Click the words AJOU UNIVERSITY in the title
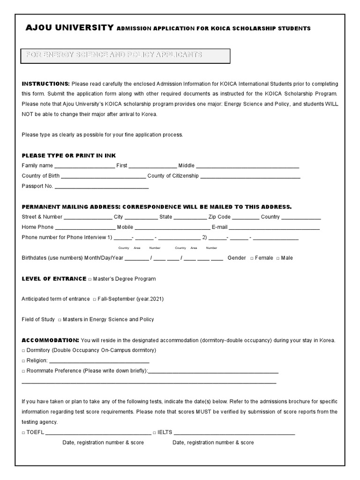point(69,28)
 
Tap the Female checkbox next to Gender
point(252,258)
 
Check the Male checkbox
point(278,258)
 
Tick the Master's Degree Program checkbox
point(90,279)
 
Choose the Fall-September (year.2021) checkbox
point(95,299)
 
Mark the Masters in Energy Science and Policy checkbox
point(60,320)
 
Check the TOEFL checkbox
point(24,433)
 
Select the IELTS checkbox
point(155,433)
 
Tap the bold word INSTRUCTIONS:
point(45,84)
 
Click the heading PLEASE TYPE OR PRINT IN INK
point(68,155)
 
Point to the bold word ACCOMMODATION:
point(50,340)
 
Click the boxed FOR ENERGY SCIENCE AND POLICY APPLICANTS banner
point(126,55)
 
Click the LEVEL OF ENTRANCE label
point(54,279)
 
